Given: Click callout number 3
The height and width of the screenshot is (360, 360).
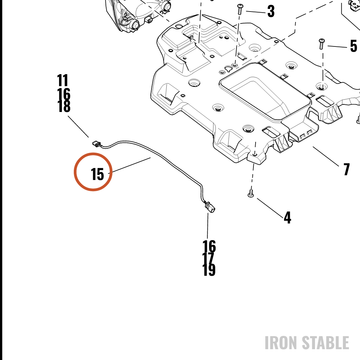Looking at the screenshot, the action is (x=271, y=11).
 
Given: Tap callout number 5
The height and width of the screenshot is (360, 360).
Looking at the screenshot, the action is (x=354, y=46).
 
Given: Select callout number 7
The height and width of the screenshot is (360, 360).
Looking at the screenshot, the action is (x=347, y=169).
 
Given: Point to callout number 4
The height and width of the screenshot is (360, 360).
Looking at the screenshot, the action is (x=287, y=217).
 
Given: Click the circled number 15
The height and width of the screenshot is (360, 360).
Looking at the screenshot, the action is (x=98, y=174).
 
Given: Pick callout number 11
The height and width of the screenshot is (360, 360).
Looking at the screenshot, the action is (x=62, y=80).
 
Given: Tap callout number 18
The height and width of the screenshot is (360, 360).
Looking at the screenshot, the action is (x=64, y=106).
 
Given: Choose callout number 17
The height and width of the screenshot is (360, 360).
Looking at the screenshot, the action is (x=208, y=258).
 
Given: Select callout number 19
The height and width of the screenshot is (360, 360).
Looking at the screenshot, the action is (x=209, y=270).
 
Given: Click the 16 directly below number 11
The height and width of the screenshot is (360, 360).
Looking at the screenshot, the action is (x=64, y=94).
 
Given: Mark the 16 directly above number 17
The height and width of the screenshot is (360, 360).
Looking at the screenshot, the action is (x=209, y=246).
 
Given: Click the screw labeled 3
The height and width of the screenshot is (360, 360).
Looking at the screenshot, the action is (x=240, y=9).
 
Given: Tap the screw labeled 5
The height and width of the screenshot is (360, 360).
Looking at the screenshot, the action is (x=321, y=44).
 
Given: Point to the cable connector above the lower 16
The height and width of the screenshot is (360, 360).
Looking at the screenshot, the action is (x=210, y=206).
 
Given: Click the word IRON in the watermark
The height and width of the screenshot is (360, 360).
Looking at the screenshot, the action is (x=282, y=343).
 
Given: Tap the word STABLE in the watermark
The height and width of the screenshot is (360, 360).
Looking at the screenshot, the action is (x=325, y=343).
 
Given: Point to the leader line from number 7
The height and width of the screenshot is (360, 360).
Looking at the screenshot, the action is (x=326, y=156).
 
